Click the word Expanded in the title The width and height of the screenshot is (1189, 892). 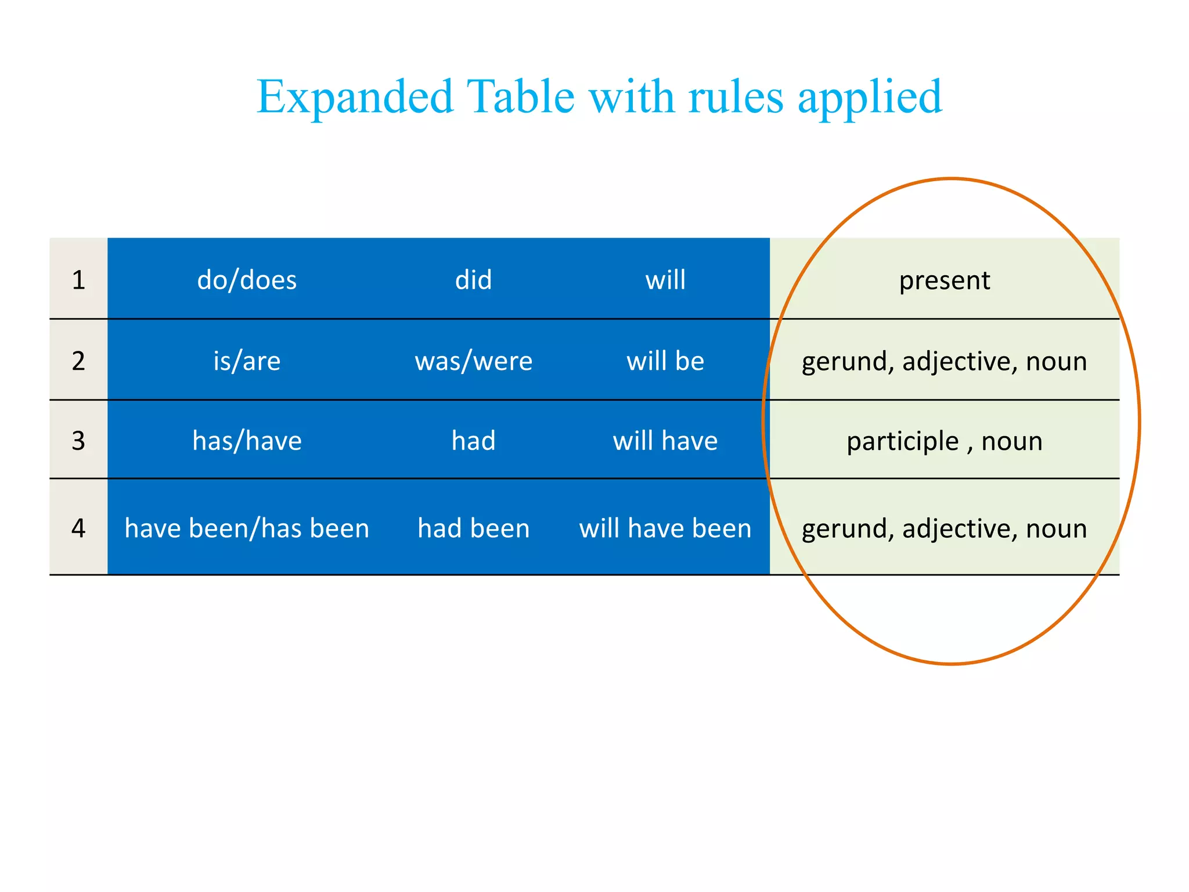[x=355, y=97]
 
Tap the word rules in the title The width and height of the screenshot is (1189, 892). [x=736, y=97]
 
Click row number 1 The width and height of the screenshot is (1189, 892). [x=78, y=280]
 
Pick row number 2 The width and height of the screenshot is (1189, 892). [x=78, y=361]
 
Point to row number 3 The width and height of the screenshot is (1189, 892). [x=78, y=441]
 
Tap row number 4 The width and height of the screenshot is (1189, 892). [x=78, y=528]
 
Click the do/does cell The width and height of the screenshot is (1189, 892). [x=247, y=280]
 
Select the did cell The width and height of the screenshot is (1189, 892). [x=473, y=280]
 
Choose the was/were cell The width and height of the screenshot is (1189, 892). [x=473, y=361]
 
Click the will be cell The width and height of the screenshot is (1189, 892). [x=665, y=361]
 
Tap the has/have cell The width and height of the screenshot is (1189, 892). [x=247, y=441]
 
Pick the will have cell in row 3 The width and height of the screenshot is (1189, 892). [x=665, y=441]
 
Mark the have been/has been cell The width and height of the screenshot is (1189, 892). [x=247, y=528]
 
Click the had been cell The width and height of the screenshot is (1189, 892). [x=473, y=528]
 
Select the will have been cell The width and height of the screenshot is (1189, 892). [x=665, y=528]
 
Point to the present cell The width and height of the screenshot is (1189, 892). [x=945, y=280]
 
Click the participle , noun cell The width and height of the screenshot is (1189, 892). [x=945, y=441]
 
